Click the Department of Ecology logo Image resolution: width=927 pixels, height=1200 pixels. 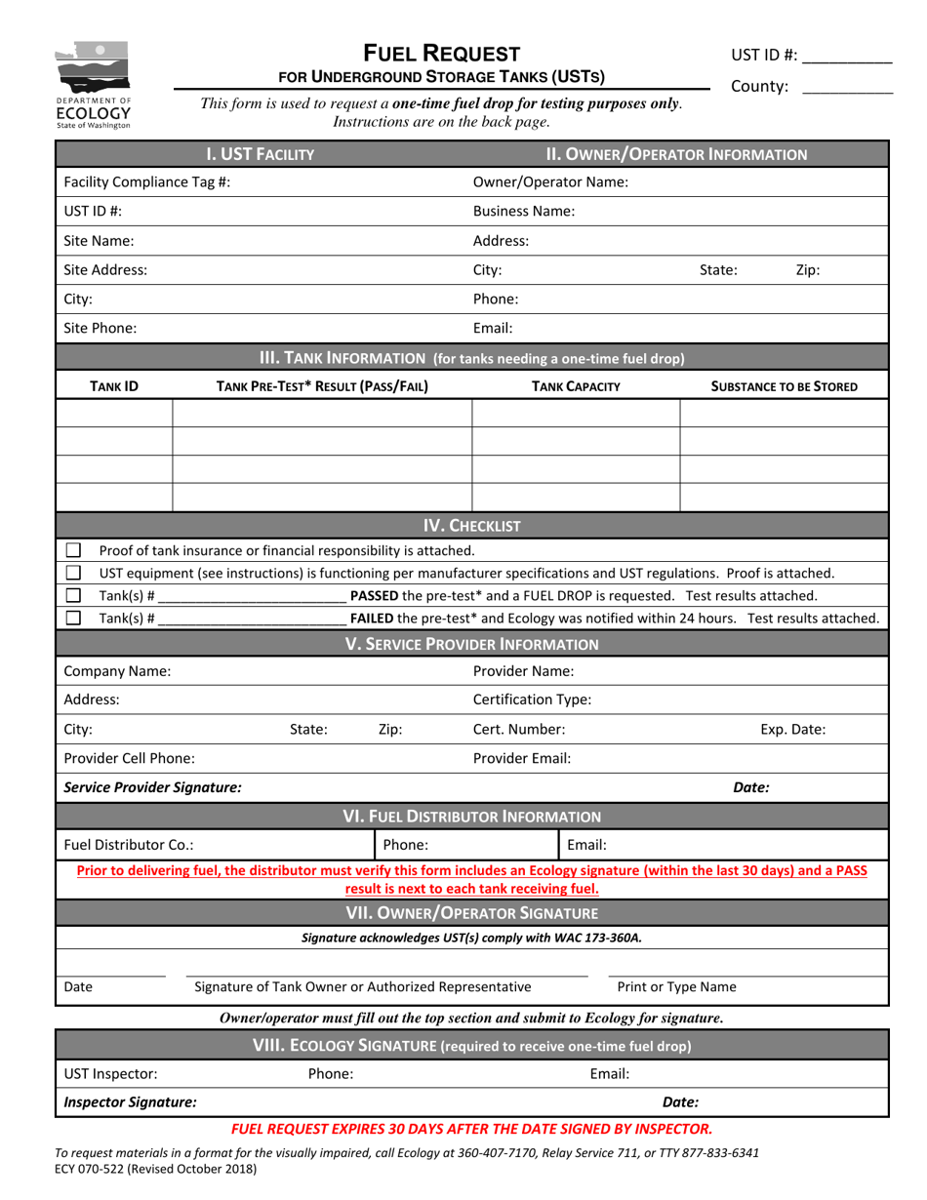93,84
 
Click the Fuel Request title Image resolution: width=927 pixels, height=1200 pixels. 441,54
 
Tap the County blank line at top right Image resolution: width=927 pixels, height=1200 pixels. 846,87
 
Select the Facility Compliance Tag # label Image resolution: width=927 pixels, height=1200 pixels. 146,181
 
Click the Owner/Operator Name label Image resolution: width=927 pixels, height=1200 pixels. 550,181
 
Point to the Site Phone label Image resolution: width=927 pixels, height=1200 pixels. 100,329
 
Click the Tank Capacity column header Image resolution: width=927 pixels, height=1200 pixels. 576,386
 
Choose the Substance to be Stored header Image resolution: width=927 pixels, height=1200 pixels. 784,386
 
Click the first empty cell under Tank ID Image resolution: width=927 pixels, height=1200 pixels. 114,414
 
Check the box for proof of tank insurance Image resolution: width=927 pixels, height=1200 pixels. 73,550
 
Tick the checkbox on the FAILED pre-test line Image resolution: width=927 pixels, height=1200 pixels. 73,618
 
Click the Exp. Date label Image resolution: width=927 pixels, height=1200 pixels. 792,729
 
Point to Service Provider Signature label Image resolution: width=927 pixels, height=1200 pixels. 152,786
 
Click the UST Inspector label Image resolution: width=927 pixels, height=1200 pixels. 109,1073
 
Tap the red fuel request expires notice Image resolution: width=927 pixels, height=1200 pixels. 471,1129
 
